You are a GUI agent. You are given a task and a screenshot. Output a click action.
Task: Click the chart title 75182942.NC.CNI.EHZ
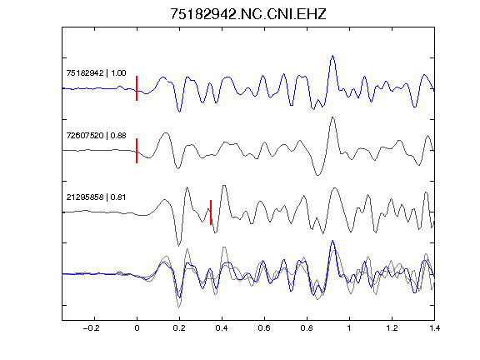pyautogui.click(x=248, y=14)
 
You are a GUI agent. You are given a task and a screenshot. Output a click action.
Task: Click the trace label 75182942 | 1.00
pyautogui.click(x=96, y=72)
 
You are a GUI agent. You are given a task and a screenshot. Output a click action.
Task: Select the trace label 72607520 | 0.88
pyautogui.click(x=96, y=135)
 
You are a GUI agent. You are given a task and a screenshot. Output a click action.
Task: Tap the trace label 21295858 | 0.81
pyautogui.click(x=96, y=197)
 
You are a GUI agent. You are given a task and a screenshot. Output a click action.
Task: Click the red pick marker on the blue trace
pyautogui.click(x=137, y=88)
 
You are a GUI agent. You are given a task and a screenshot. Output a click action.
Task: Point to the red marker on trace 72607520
pyautogui.click(x=137, y=151)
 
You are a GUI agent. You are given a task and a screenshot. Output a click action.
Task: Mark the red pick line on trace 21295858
pyautogui.click(x=211, y=212)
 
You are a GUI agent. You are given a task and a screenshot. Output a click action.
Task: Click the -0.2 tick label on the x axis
pyautogui.click(x=92, y=328)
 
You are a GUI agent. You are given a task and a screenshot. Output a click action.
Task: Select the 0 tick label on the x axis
pyautogui.click(x=137, y=328)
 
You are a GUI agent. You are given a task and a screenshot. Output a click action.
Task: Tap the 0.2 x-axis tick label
pyautogui.click(x=179, y=328)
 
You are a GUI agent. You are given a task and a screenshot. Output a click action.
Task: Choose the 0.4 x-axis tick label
pyautogui.click(x=222, y=328)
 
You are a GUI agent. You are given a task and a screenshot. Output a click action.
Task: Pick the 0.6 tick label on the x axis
pyautogui.click(x=264, y=328)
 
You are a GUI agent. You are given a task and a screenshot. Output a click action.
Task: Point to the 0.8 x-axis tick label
pyautogui.click(x=307, y=328)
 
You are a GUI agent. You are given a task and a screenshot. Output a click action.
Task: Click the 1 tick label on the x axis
pyautogui.click(x=349, y=328)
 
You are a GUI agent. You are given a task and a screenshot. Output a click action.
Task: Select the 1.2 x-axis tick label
pyautogui.click(x=392, y=328)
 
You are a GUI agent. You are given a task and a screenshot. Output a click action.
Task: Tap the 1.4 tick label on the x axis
pyautogui.click(x=434, y=328)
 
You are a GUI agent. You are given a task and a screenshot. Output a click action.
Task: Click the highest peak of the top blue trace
pyautogui.click(x=332, y=56)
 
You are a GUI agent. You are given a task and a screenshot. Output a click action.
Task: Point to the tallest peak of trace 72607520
pyautogui.click(x=332, y=117)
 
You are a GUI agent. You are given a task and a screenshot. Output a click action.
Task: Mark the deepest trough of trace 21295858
pyautogui.click(x=179, y=246)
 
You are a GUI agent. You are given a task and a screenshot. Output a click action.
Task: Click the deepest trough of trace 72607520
pyautogui.click(x=317, y=175)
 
